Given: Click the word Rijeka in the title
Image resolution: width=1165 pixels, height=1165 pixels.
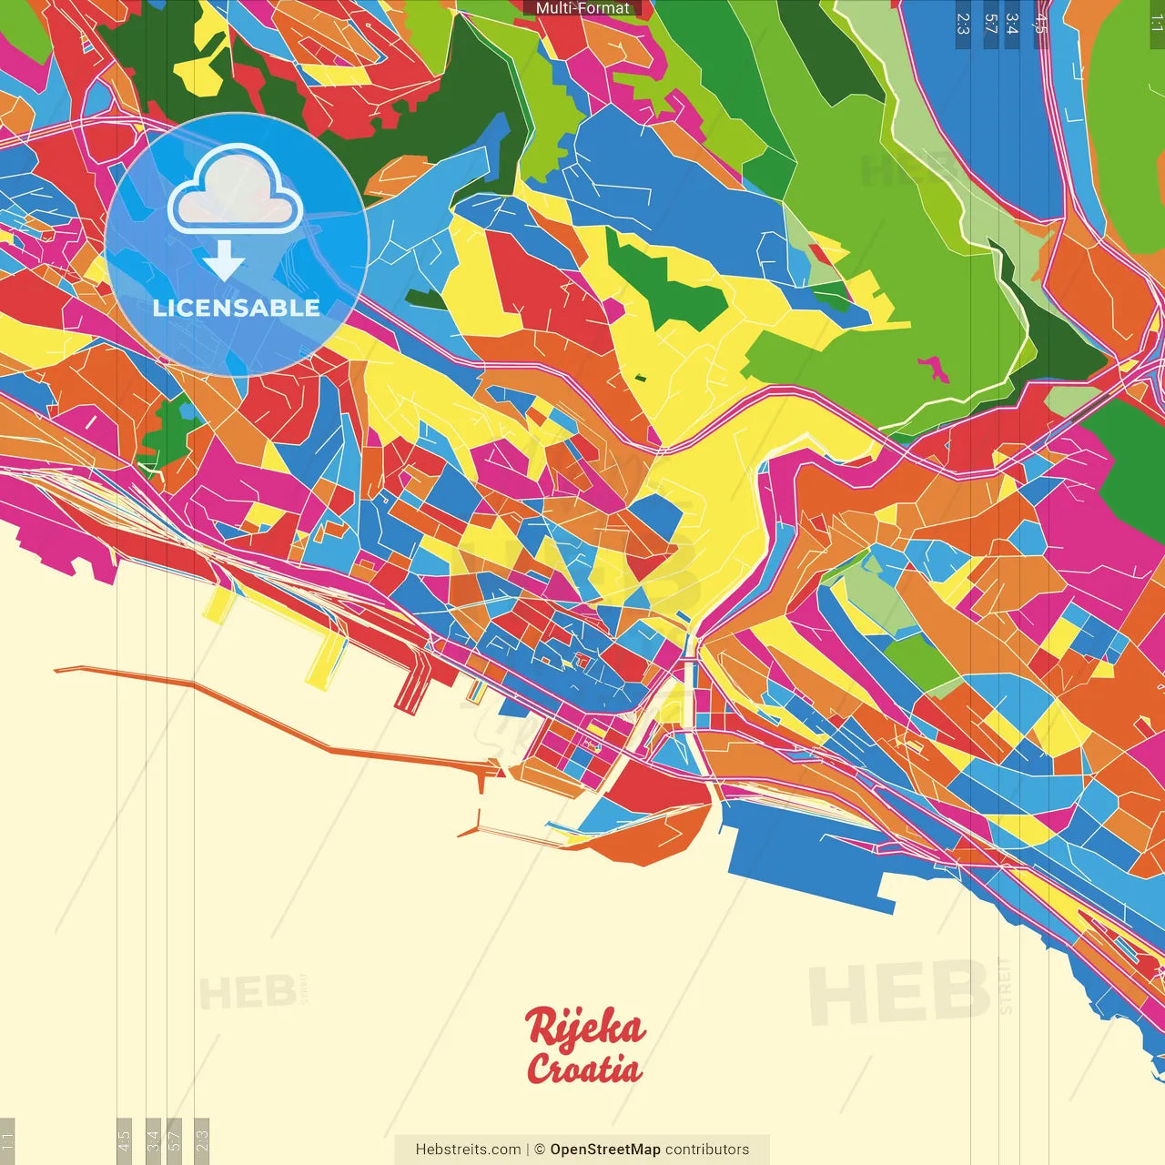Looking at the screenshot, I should point(585,1028).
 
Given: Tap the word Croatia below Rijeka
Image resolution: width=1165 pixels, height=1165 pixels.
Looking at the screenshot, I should point(583,1069).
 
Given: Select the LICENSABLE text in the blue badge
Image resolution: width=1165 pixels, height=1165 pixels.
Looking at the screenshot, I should point(237,308).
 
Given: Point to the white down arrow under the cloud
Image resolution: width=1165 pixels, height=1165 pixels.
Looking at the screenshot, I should point(224,262).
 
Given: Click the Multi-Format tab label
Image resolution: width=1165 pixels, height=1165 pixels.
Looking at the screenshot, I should point(582,8).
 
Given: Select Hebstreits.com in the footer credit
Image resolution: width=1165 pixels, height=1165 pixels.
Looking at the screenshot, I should point(468,1150).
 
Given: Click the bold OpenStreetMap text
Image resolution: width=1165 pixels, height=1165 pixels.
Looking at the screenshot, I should point(604,1150).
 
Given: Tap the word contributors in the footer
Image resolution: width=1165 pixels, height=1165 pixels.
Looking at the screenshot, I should point(707,1150).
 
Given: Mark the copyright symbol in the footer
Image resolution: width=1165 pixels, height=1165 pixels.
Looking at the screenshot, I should point(540,1150).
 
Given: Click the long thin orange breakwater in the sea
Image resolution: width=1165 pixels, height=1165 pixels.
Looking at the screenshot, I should point(273,719).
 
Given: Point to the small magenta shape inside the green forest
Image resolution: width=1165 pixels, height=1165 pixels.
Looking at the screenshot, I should point(934,369).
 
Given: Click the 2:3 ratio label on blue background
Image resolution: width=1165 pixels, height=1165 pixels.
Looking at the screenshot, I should point(963,24).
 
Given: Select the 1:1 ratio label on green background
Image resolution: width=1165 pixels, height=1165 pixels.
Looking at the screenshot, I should point(1156,24).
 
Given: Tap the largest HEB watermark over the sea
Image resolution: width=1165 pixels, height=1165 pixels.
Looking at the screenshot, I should point(899,992).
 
